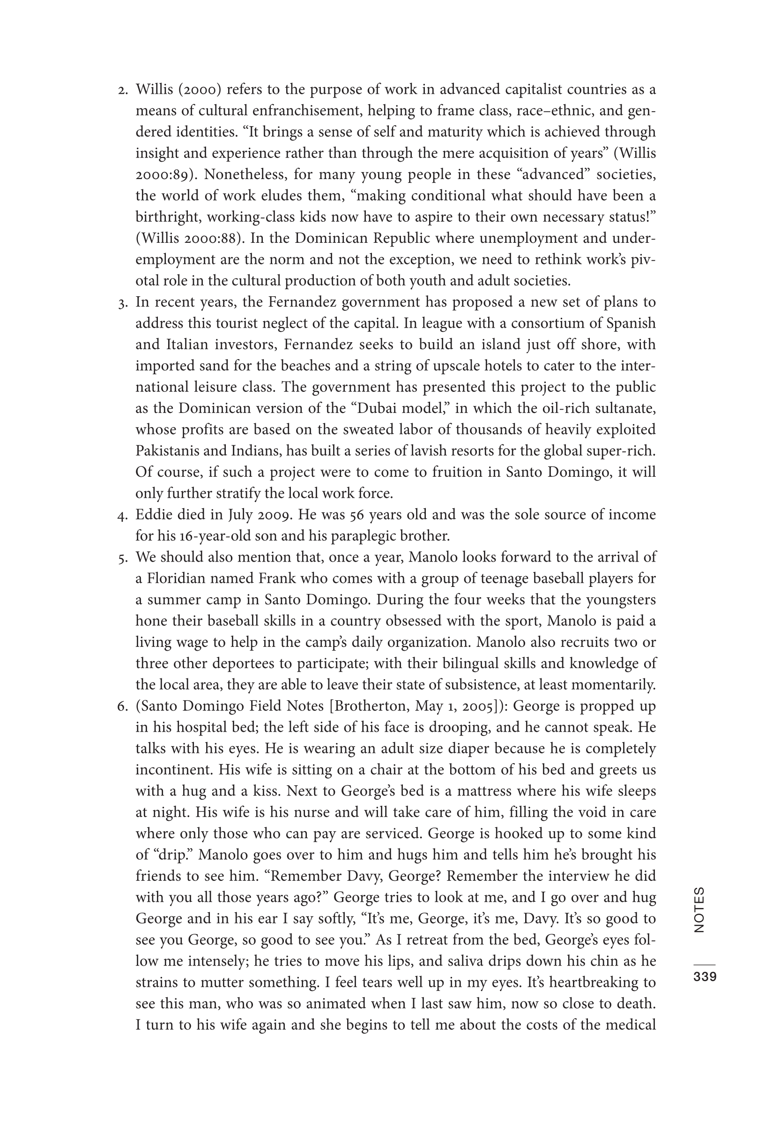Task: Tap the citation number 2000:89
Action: pyautogui.click(x=163, y=175)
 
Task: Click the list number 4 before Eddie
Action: pyautogui.click(x=122, y=516)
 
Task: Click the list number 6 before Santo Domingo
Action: pyautogui.click(x=122, y=707)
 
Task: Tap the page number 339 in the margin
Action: pyautogui.click(x=705, y=977)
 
